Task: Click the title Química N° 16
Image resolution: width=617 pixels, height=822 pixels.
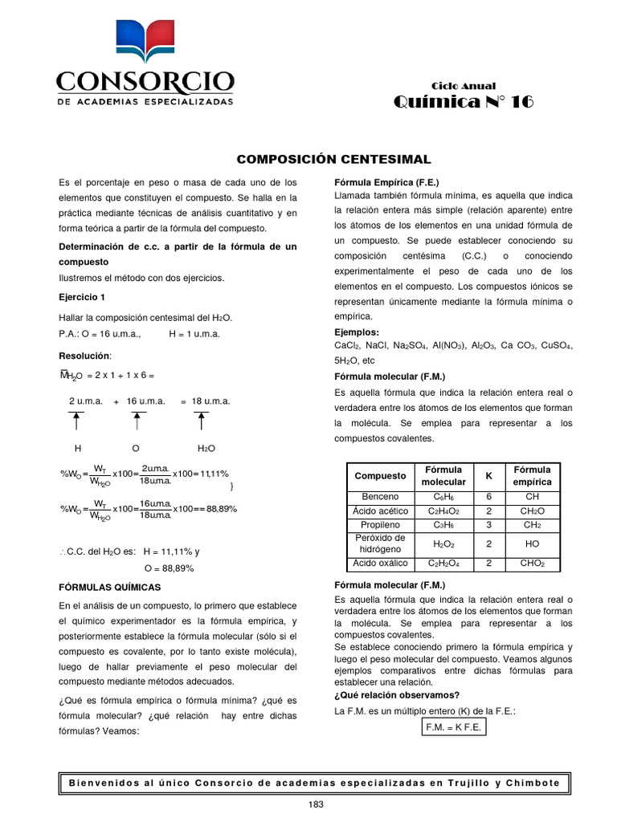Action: point(463,102)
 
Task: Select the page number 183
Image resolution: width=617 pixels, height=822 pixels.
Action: point(316,805)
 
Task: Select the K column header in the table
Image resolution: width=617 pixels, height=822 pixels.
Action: point(488,476)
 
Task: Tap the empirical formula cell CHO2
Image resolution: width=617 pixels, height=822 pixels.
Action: point(532,564)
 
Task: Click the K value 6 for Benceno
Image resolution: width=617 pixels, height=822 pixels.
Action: point(488,497)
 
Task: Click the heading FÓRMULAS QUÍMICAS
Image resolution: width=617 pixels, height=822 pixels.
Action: point(110,588)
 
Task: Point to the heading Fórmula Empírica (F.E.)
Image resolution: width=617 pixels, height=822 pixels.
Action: point(386,182)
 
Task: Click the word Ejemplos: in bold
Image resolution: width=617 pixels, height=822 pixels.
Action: point(357,332)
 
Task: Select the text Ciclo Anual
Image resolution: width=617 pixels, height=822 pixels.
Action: point(464,86)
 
